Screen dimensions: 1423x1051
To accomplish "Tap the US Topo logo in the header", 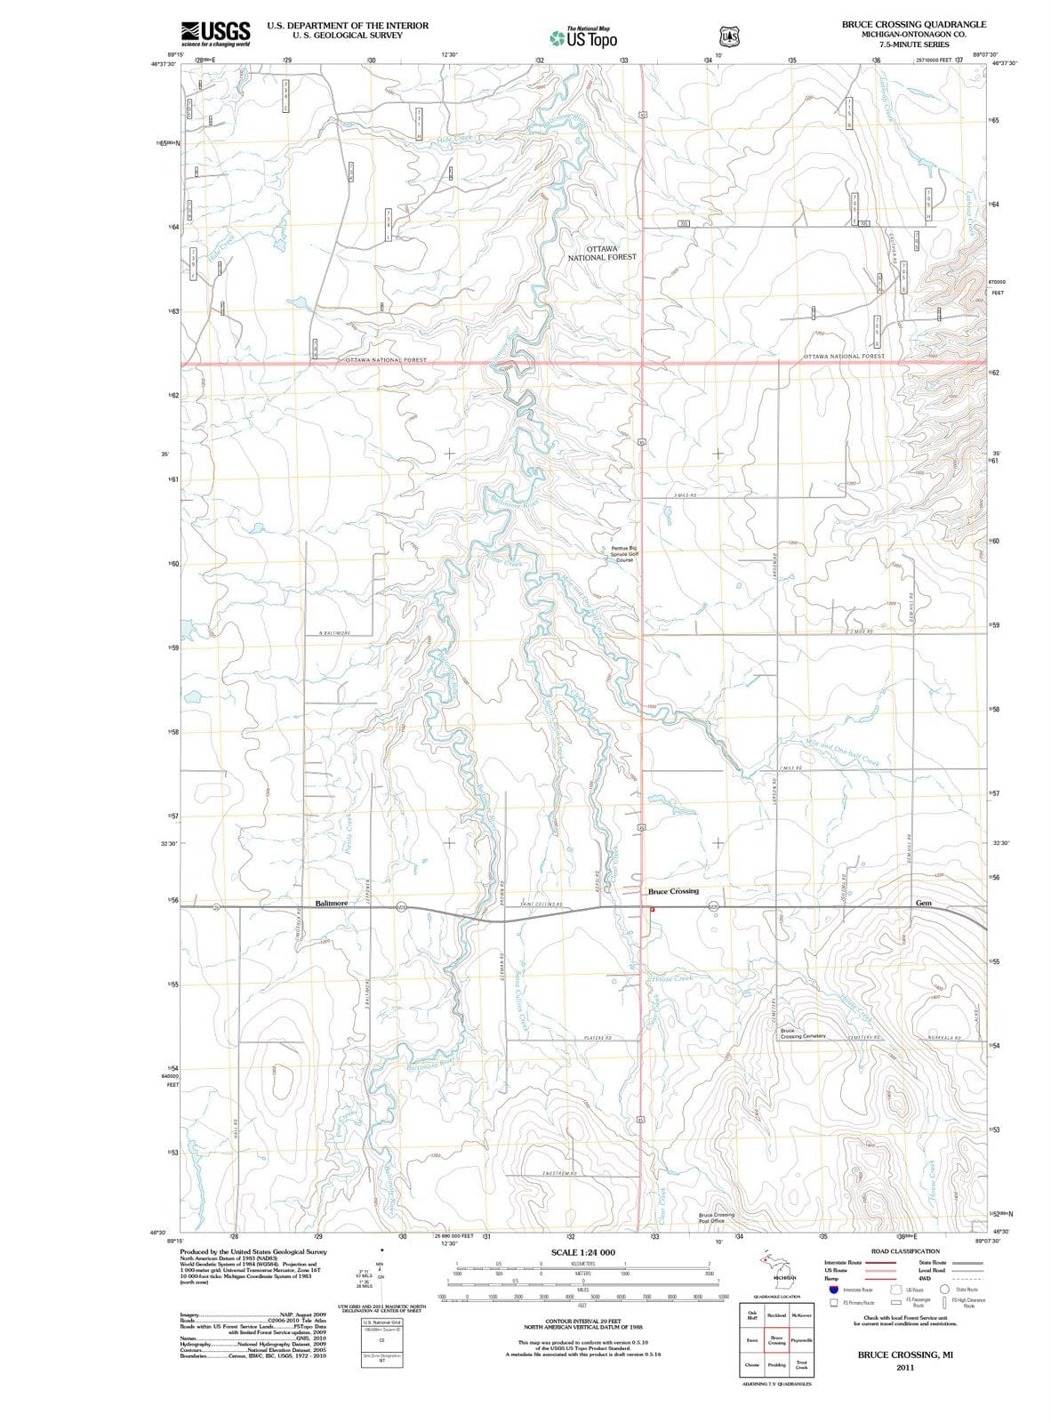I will coord(583,37).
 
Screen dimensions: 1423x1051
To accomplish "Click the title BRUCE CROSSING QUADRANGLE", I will coord(913,25).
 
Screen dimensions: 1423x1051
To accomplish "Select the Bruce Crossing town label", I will coord(673,891).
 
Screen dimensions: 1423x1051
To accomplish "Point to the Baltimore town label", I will coord(332,903).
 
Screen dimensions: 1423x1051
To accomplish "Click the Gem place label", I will coord(923,903).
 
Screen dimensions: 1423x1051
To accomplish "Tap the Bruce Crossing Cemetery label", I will coord(803,1033).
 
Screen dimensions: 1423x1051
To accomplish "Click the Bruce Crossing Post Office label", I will coord(717,1218).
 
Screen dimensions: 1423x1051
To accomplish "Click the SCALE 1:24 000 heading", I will coord(583,1252).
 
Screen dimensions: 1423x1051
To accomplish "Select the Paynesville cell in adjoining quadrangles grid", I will coord(801,1340).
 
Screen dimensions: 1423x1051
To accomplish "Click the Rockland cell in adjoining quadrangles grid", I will coord(776,1315).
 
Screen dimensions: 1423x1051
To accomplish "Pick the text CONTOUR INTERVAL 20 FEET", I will coord(582,1322).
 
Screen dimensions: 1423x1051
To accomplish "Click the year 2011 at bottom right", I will coord(905,1367).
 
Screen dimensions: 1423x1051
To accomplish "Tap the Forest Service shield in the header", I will coord(727,36).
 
